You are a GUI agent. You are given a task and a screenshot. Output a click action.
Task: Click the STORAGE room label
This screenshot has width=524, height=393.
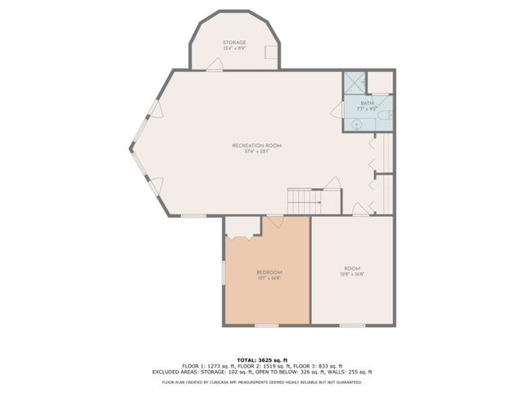(235, 43)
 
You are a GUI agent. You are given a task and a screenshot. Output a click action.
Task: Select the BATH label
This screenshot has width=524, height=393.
(367, 103)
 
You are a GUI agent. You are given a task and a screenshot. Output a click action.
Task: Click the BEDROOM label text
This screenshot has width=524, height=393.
(269, 272)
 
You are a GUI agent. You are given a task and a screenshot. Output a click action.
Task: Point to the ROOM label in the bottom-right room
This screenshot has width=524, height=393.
(352, 269)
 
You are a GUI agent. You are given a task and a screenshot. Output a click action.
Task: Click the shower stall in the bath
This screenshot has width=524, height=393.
(355, 83)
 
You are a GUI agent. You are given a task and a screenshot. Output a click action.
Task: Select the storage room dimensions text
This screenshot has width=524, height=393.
(235, 49)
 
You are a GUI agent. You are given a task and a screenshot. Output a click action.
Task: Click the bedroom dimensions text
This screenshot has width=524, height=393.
(269, 278)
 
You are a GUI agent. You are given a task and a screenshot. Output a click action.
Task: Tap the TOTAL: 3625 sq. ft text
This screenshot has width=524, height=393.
(261, 359)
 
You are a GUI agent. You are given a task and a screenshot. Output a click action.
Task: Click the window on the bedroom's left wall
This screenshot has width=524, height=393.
(224, 272)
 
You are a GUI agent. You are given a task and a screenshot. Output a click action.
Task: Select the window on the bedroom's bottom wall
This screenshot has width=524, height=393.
(266, 325)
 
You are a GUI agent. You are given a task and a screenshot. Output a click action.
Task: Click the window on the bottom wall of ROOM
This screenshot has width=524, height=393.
(352, 325)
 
